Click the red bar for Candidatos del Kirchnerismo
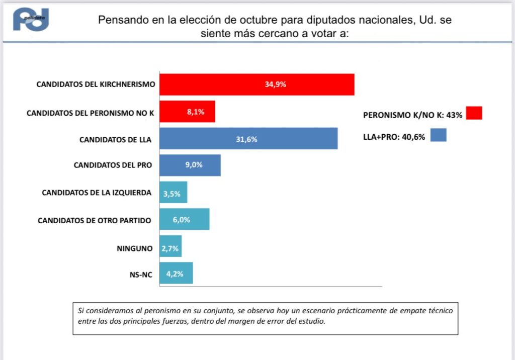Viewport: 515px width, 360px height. click(256, 84)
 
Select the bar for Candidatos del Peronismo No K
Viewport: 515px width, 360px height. click(187, 112)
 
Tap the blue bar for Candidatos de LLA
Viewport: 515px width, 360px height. click(248, 139)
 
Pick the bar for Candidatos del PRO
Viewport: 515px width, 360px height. click(190, 165)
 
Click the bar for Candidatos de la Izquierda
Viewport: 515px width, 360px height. click(173, 193)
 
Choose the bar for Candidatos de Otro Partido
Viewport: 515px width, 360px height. click(184, 219)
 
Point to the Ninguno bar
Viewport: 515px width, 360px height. click(170, 246)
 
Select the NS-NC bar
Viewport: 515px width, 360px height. click(176, 274)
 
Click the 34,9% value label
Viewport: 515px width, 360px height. click(275, 84)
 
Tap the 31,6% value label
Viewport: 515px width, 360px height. click(246, 139)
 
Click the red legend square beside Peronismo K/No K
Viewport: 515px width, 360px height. click(474, 113)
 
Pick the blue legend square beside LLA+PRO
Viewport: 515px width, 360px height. click(438, 135)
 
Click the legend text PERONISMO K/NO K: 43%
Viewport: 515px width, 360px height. click(412, 115)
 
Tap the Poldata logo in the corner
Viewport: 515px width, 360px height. click(31, 20)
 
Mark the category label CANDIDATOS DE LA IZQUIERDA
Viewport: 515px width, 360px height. click(97, 193)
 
